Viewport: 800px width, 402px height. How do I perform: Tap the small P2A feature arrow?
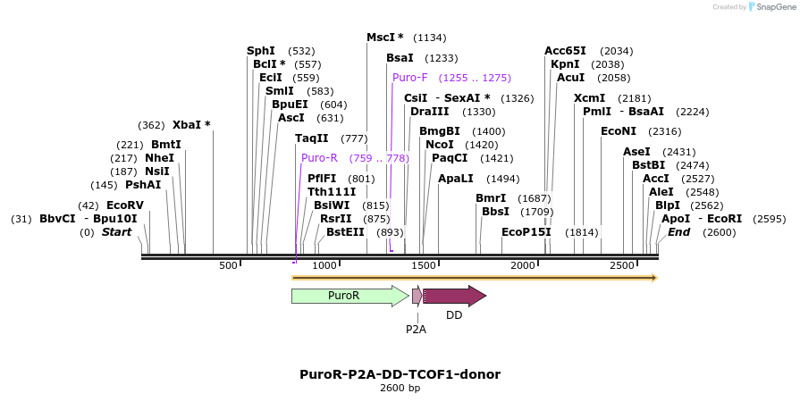pyautogui.click(x=417, y=296)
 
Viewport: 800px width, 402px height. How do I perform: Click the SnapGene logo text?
pyautogui.click(x=773, y=7)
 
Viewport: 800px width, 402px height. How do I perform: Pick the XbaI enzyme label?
pyautogui.click(x=191, y=125)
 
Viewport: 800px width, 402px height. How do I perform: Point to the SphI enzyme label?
pyautogui.click(x=261, y=51)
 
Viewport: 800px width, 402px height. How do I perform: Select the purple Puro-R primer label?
pyautogui.click(x=319, y=158)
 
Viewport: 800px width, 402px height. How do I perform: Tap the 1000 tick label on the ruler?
pyautogui.click(x=324, y=265)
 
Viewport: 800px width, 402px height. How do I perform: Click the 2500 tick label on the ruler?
pyautogui.click(x=622, y=265)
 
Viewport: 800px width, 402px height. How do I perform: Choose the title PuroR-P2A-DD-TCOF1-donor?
pyautogui.click(x=400, y=374)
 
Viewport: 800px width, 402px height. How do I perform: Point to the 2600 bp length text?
pyautogui.click(x=400, y=389)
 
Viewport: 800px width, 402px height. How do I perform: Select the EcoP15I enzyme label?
pyautogui.click(x=526, y=232)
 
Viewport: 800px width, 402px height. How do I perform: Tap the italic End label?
pyautogui.click(x=678, y=232)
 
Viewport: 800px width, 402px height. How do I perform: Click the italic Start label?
pyautogui.click(x=116, y=232)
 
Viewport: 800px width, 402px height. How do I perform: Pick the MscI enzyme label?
pyautogui.click(x=385, y=38)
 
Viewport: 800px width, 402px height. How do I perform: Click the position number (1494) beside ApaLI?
pyautogui.click(x=502, y=179)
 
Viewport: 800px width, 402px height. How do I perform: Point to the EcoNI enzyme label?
pyautogui.click(x=617, y=131)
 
